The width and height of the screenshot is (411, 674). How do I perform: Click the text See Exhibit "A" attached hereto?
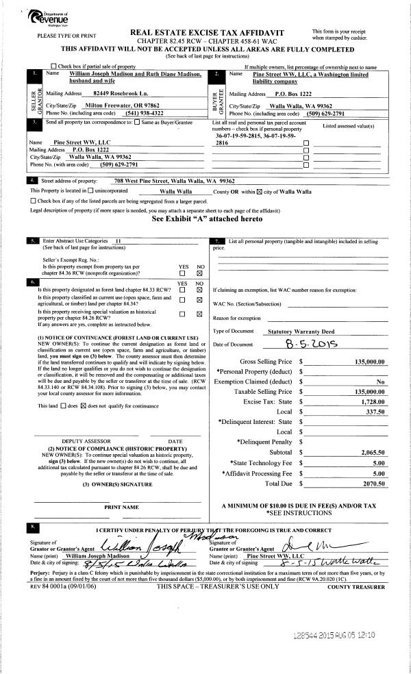[206, 221]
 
